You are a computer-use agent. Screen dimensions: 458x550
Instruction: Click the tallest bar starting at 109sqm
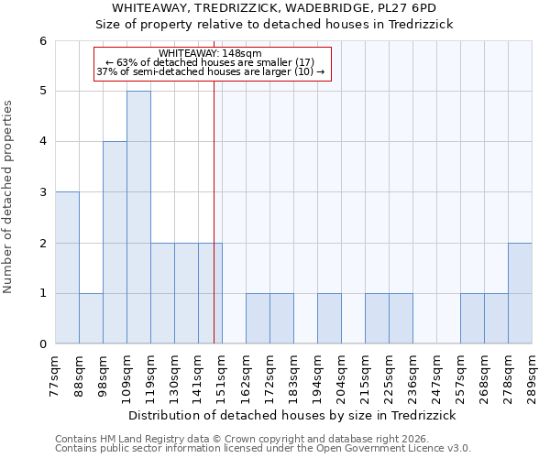(138, 217)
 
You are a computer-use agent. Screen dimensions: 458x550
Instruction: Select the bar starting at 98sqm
(115, 243)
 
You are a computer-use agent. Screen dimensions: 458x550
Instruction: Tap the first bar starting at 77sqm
(67, 267)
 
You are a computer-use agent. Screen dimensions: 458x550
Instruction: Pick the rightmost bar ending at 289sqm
(520, 293)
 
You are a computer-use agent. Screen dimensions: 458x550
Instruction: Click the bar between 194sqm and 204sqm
(329, 319)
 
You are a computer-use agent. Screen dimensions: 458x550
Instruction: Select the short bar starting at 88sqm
(91, 319)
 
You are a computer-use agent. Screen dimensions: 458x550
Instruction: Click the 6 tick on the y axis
(42, 41)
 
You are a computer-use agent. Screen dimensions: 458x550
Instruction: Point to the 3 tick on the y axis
(42, 192)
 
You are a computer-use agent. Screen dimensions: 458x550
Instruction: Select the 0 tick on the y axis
(42, 344)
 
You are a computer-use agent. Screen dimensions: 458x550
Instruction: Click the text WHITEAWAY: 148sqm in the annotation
(210, 53)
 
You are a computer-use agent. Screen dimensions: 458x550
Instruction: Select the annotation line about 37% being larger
(210, 71)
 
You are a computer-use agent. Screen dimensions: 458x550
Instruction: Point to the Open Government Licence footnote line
(263, 448)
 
